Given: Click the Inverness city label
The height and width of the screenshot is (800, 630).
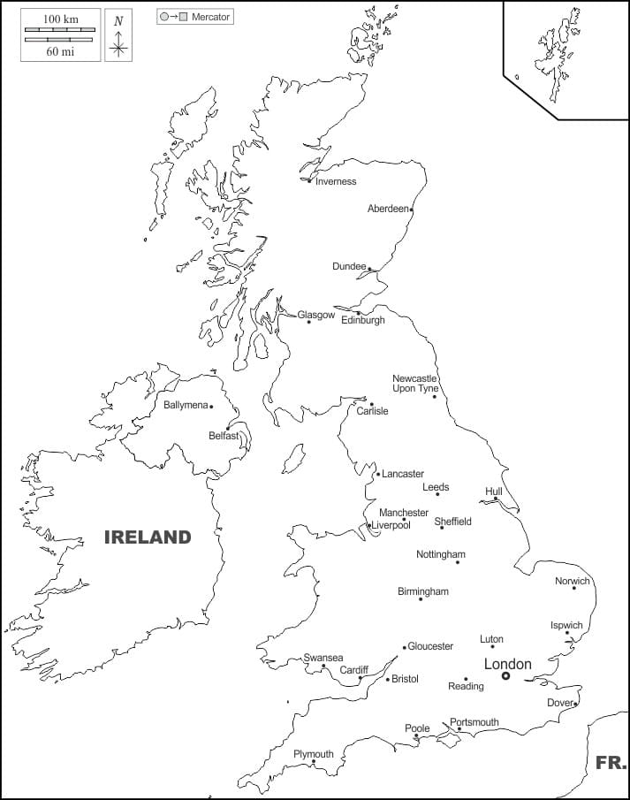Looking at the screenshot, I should [x=336, y=182].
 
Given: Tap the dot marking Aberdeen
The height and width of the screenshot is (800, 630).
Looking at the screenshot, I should [x=411, y=210].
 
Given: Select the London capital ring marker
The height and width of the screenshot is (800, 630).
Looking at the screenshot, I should [x=506, y=676].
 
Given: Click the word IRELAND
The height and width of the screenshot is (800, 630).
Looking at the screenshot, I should [x=148, y=537].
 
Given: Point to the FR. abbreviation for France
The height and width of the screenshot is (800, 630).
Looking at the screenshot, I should [x=611, y=762].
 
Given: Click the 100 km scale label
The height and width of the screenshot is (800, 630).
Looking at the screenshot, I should [x=59, y=19].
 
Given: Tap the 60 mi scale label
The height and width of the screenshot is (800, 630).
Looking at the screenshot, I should [x=59, y=51].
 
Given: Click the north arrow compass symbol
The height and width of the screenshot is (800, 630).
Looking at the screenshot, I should [x=118, y=37].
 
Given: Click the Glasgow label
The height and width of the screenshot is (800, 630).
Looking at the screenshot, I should [x=316, y=315].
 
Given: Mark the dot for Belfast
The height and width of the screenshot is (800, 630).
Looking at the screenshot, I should [x=228, y=428].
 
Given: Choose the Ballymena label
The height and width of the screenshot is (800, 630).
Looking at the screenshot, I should [x=186, y=406].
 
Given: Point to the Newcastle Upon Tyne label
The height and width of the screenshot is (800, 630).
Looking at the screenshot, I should [x=415, y=384].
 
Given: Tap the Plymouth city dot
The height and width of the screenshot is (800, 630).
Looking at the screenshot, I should [x=314, y=763].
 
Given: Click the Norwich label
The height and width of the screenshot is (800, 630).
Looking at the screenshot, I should [x=572, y=581].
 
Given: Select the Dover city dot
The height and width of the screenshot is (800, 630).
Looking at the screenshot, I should [x=575, y=704].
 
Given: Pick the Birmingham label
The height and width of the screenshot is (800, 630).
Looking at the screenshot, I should [x=423, y=591].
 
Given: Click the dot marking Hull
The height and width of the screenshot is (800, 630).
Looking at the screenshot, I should [x=496, y=499].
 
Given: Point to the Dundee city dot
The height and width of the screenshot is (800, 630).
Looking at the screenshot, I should [x=369, y=269].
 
